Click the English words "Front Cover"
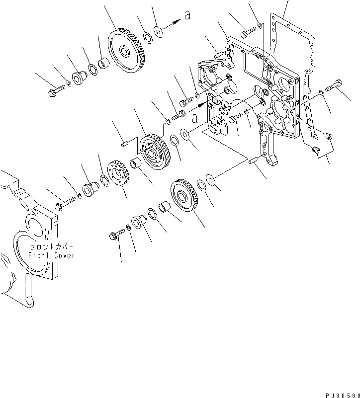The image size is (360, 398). (51, 255)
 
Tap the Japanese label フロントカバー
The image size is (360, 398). (51, 247)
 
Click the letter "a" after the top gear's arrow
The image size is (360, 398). (187, 16)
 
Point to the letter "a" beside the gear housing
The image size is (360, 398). (195, 118)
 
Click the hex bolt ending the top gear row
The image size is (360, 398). (55, 92)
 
